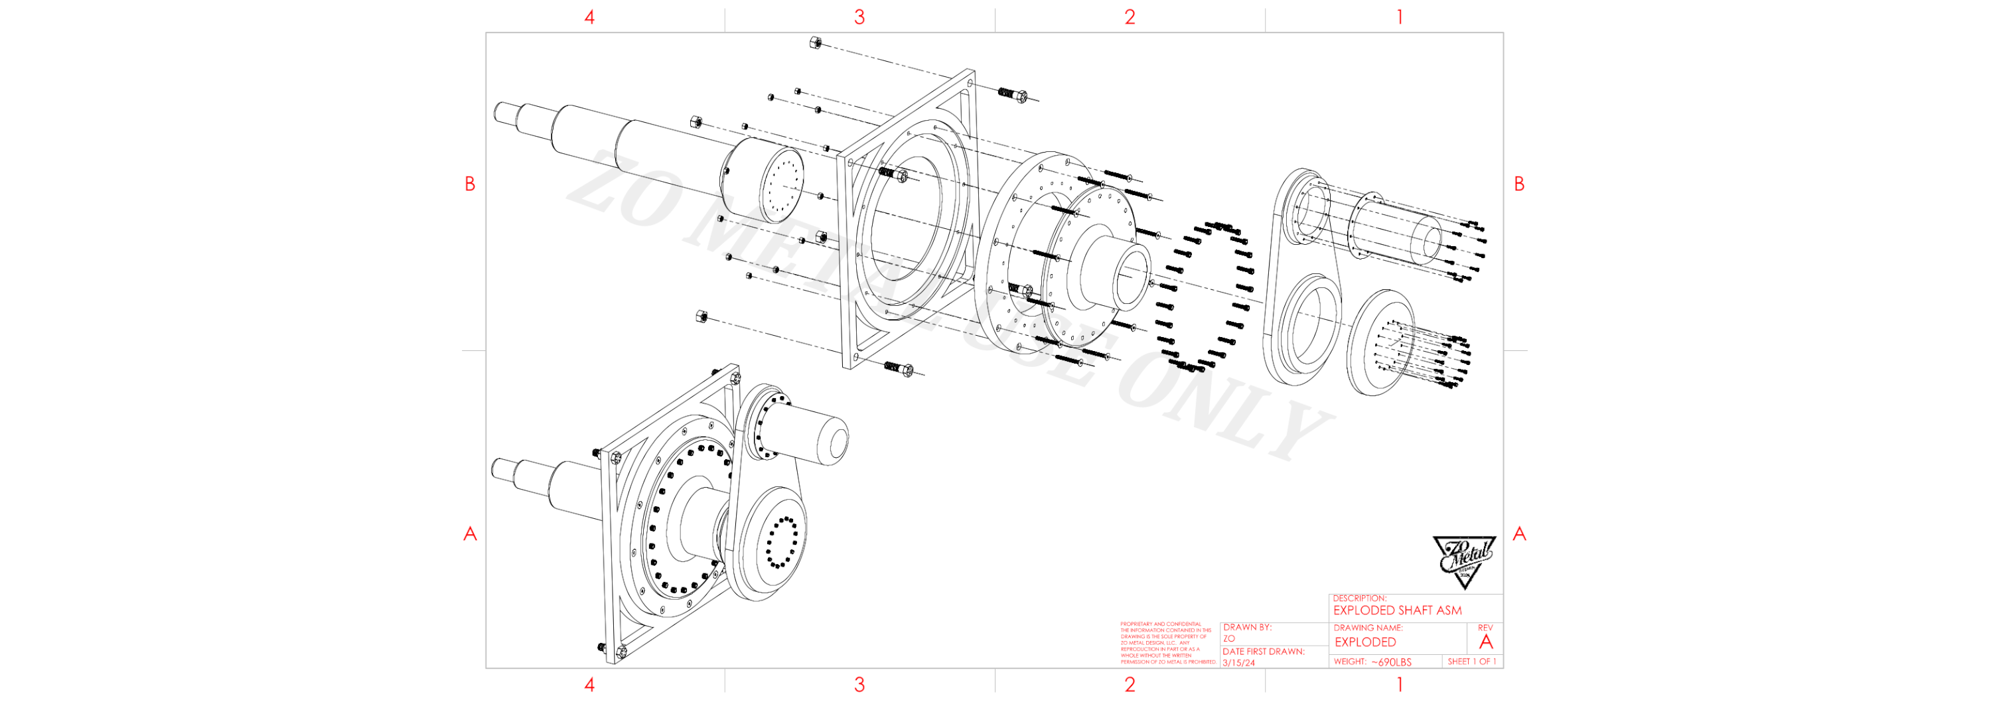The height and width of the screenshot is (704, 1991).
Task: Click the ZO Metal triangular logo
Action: (x=1463, y=562)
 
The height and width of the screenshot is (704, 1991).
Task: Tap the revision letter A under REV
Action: (x=1485, y=642)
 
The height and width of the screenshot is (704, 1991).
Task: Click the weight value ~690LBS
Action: (x=1391, y=662)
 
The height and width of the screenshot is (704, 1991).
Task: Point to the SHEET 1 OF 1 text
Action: (x=1471, y=662)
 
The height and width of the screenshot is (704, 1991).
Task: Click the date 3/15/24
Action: (x=1238, y=663)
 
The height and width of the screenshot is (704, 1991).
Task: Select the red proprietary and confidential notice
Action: (x=1168, y=643)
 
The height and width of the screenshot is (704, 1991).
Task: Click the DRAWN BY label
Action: (x=1246, y=628)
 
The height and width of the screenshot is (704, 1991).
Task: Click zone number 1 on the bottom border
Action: (x=1400, y=684)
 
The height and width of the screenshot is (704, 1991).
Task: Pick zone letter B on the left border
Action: (x=470, y=184)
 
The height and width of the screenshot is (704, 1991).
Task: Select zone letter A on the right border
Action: (x=1518, y=533)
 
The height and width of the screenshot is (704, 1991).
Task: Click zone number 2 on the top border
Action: (x=1129, y=17)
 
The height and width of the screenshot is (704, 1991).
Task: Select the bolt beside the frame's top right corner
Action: (x=1013, y=95)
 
